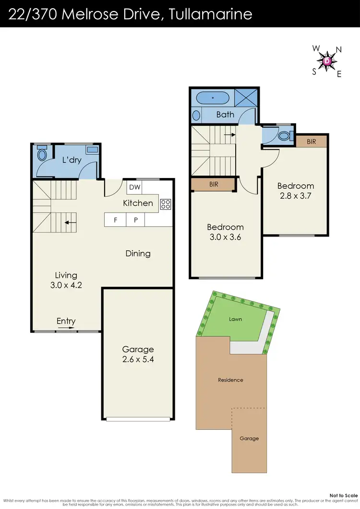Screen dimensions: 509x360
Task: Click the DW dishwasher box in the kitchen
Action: [x=134, y=188]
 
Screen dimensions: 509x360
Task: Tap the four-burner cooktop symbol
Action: [x=166, y=204]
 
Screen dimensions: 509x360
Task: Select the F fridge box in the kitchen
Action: [x=115, y=220]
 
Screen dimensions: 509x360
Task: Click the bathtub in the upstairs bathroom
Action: [x=213, y=98]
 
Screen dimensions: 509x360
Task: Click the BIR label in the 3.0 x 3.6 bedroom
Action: [x=213, y=184]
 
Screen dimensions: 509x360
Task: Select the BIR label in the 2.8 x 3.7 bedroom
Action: [x=311, y=141]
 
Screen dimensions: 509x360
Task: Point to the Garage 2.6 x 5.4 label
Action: [x=138, y=354]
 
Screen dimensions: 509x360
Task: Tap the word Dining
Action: [x=138, y=253]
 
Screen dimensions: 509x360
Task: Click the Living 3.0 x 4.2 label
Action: [x=66, y=280]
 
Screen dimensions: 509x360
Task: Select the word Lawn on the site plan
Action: [x=235, y=319]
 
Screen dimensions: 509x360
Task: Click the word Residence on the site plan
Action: [x=230, y=380]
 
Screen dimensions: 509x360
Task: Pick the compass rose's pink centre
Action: [x=327, y=61]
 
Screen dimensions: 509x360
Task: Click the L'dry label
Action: [x=72, y=160]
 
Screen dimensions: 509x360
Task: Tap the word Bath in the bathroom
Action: [x=225, y=114]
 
